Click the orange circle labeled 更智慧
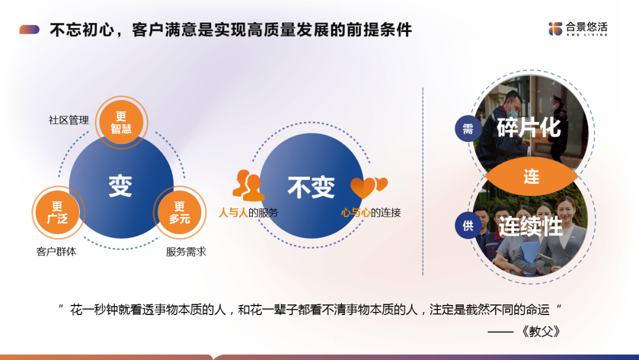pos(121,123)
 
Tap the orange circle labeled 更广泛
pos(58,213)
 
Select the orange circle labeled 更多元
pos(179,213)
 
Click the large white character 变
pos(121,187)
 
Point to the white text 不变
pos(311,187)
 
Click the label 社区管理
pos(69,120)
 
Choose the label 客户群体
pos(56,252)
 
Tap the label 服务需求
pos(186,252)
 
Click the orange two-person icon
pos(248,185)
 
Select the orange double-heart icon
pos(369,188)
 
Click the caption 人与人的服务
pos(248,213)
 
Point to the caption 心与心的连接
pos(371,213)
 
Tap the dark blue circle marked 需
pos(468,129)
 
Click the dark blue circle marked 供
pos(468,226)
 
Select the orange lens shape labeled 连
pos(531,176)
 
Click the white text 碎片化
pos(529,128)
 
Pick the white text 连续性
pos(531,226)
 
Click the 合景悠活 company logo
pos(578,29)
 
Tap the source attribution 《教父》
pos(541,332)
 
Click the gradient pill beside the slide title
pos(30,30)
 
